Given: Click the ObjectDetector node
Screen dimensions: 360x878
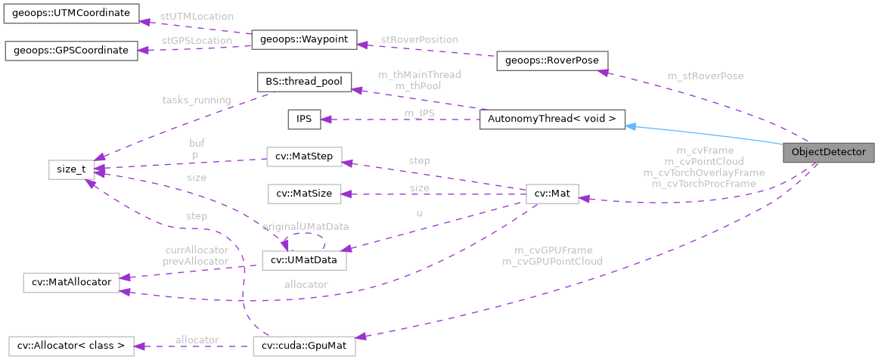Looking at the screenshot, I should [828, 152].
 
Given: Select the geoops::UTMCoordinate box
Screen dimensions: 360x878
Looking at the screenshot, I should [71, 13].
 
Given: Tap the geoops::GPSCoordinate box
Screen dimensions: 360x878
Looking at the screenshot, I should [71, 51].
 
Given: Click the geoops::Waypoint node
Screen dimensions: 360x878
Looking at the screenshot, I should [303, 40].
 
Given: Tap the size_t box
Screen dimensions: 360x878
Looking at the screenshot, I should [71, 169].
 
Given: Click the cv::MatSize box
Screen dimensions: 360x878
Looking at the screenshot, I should [304, 194].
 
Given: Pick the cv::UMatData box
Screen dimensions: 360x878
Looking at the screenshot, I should [303, 260].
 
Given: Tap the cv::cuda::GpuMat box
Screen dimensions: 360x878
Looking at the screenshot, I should [304, 347].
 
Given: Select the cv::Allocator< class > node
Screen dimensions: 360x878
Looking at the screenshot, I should [70, 347].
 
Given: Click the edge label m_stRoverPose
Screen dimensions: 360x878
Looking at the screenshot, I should [705, 76].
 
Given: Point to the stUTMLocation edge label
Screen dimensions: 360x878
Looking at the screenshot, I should [197, 16].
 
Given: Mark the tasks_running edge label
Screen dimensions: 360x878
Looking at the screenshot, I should [196, 100].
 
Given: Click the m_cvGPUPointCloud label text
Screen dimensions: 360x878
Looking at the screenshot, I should [552, 261].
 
